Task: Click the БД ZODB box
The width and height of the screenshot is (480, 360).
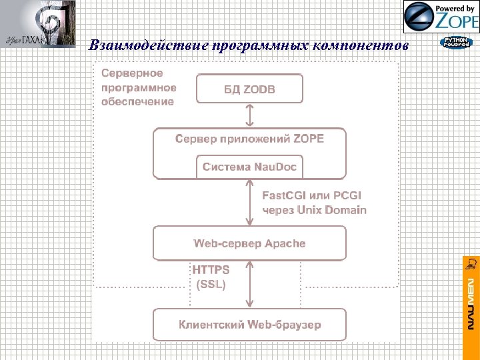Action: [x=249, y=89]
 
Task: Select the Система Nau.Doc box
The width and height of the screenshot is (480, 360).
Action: [x=249, y=166]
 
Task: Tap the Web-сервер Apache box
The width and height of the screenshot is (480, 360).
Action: [x=249, y=243]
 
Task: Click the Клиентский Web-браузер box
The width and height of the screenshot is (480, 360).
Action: [x=249, y=325]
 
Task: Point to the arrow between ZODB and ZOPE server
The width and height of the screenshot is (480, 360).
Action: [x=249, y=115]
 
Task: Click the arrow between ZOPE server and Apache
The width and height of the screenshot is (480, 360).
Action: [x=249, y=203]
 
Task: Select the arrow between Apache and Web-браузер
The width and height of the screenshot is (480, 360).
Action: [x=249, y=284]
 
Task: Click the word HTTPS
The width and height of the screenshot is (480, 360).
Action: [x=211, y=270]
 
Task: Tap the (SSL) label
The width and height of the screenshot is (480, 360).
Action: [x=211, y=284]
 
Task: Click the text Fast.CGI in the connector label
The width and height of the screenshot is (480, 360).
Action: [x=285, y=195]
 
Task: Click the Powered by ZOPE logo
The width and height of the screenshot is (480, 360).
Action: [x=441, y=17]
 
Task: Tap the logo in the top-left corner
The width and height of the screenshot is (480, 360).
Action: [x=38, y=24]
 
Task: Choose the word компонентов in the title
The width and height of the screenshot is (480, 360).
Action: [x=370, y=45]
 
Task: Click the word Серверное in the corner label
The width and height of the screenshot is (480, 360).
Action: [x=132, y=73]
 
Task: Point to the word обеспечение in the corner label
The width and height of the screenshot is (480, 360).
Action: [x=138, y=102]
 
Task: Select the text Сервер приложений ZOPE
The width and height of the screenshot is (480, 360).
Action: [x=249, y=139]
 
